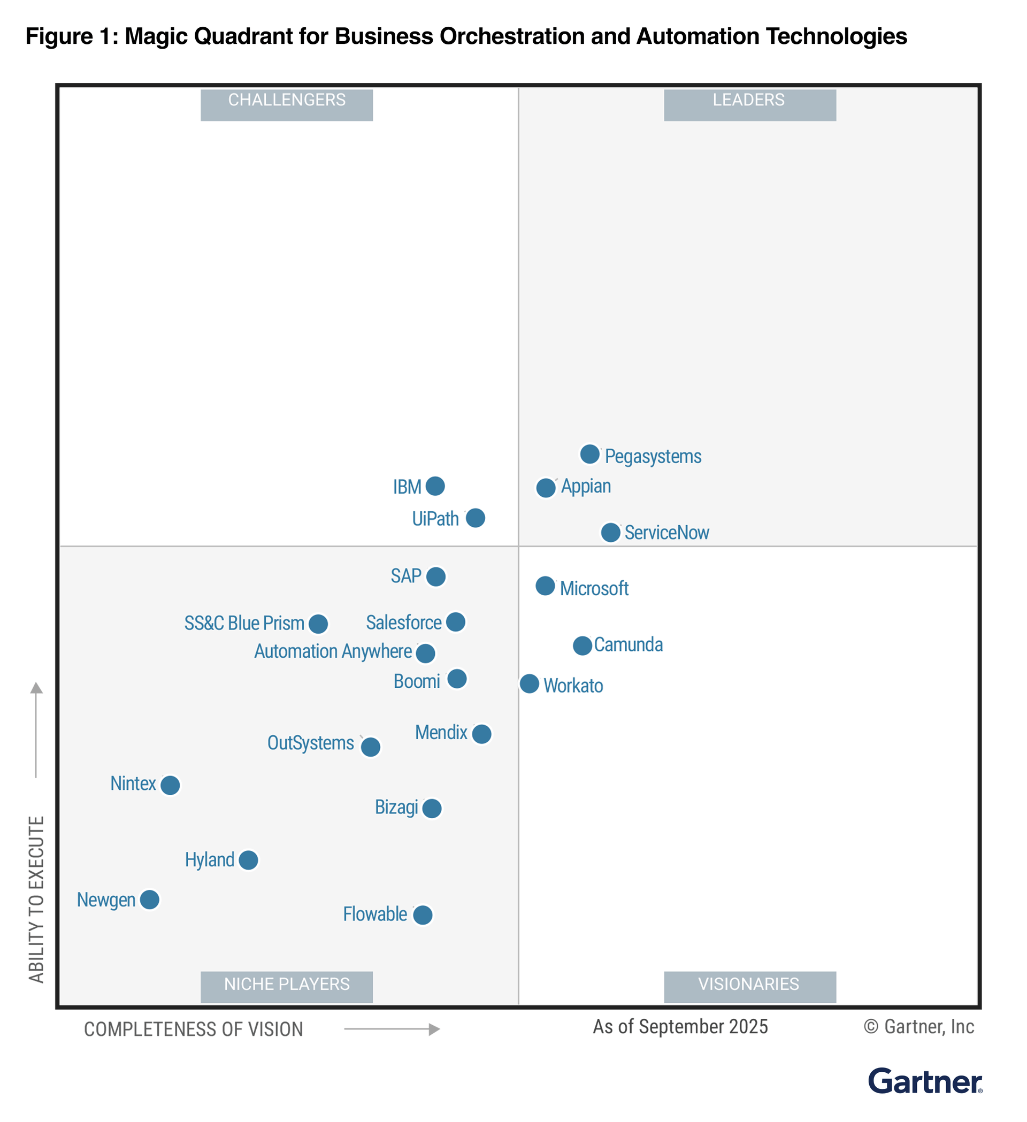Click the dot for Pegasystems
[589, 454]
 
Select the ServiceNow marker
[611, 533]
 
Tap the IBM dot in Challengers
[435, 486]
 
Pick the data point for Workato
[530, 683]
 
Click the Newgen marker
[150, 900]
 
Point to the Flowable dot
[423, 915]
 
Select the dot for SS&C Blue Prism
[318, 624]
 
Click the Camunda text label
[629, 645]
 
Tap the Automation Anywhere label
[333, 652]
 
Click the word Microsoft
[594, 589]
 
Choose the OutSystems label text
[311, 743]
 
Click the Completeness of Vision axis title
[194, 1029]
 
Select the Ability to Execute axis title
[36, 900]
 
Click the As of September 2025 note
[680, 1027]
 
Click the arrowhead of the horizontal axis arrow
[435, 1029]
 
